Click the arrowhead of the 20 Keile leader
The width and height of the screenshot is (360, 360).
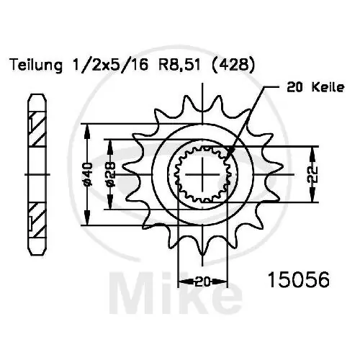pyautogui.click(x=228, y=153)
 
